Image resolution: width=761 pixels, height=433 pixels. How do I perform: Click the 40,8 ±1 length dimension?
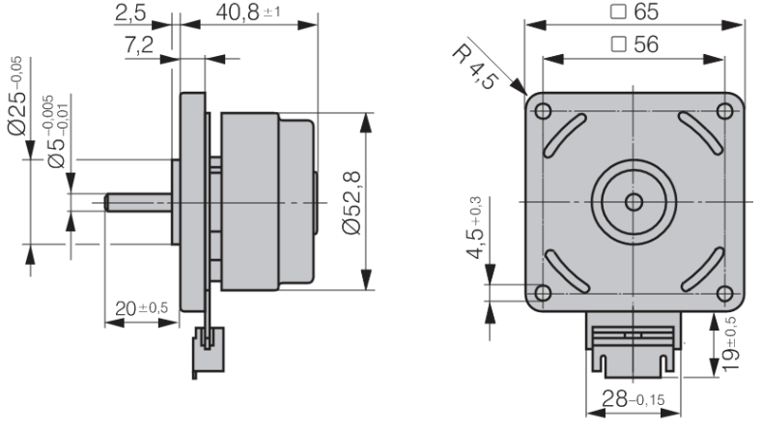[248, 13]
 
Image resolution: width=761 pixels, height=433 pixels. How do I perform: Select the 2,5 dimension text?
[130, 14]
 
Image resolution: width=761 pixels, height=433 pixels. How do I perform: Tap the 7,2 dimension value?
[139, 44]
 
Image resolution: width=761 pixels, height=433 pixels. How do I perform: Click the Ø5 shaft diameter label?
[58, 131]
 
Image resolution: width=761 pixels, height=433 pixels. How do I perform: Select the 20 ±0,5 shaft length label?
[141, 308]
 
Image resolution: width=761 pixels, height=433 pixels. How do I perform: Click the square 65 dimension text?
[634, 12]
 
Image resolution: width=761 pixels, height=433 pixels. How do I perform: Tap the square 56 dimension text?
[634, 44]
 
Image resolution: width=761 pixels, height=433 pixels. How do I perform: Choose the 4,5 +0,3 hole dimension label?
[475, 227]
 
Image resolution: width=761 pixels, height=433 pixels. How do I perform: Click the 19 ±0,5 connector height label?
[729, 344]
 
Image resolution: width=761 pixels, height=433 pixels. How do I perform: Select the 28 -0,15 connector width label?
[633, 399]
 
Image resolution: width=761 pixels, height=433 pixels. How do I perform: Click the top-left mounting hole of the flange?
[543, 111]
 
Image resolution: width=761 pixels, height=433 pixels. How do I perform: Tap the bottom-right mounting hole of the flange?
[724, 294]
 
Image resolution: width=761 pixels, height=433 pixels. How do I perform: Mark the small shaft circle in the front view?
[634, 202]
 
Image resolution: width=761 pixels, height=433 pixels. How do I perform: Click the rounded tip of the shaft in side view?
[107, 203]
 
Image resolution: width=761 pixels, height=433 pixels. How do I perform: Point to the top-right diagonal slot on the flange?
[700, 133]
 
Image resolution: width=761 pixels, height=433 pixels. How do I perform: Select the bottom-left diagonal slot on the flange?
[567, 272]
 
